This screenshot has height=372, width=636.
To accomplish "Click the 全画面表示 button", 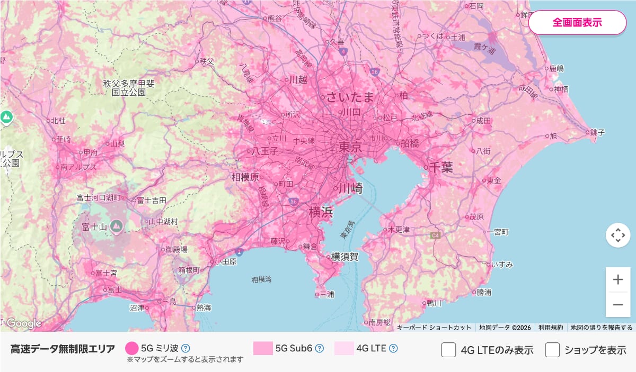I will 577,23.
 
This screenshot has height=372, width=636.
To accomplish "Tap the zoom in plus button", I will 618,280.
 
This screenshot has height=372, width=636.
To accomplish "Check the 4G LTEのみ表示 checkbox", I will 449,350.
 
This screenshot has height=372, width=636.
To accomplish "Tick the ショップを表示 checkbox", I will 553,350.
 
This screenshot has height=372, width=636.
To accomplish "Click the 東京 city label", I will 350,146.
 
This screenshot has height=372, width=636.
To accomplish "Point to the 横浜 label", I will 321,212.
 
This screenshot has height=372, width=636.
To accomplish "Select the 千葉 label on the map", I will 440,168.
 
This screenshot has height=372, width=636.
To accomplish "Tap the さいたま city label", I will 350,97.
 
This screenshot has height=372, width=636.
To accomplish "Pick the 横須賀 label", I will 344,257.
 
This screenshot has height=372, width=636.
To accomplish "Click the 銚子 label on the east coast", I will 596,132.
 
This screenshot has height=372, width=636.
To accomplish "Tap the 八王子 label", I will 265,151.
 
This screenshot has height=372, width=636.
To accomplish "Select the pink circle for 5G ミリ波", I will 131,348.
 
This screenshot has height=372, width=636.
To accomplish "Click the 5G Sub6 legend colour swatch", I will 263,348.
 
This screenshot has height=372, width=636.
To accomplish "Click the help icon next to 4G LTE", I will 393,348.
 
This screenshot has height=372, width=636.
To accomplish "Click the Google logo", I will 24,323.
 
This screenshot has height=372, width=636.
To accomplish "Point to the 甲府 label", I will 91,152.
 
